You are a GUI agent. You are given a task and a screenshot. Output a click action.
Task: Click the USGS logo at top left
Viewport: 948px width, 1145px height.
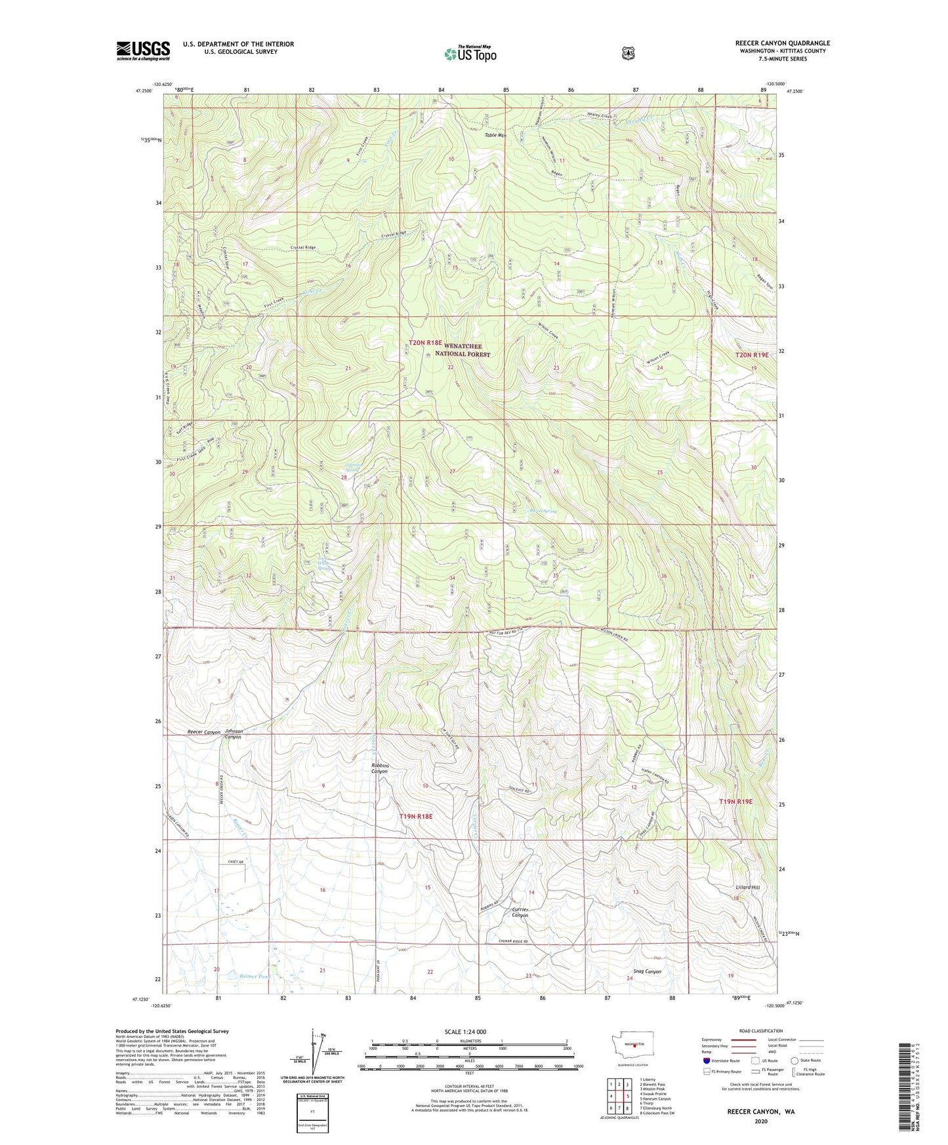pyautogui.click(x=143, y=50)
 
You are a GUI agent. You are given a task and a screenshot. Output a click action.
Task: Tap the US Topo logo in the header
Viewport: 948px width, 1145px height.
pyautogui.click(x=470, y=54)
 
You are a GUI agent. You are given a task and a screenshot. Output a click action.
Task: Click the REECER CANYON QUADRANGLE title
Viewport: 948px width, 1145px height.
pyautogui.click(x=782, y=43)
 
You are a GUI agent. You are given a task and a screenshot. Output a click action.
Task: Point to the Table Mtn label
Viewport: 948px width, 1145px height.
pyautogui.click(x=495, y=135)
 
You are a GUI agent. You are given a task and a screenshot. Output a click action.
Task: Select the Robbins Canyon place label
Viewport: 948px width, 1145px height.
pyautogui.click(x=380, y=768)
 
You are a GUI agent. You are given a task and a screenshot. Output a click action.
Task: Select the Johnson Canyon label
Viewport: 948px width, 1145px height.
pyautogui.click(x=234, y=734)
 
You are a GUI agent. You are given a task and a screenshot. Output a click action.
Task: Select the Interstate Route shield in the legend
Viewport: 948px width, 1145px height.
pyautogui.click(x=706, y=1060)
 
